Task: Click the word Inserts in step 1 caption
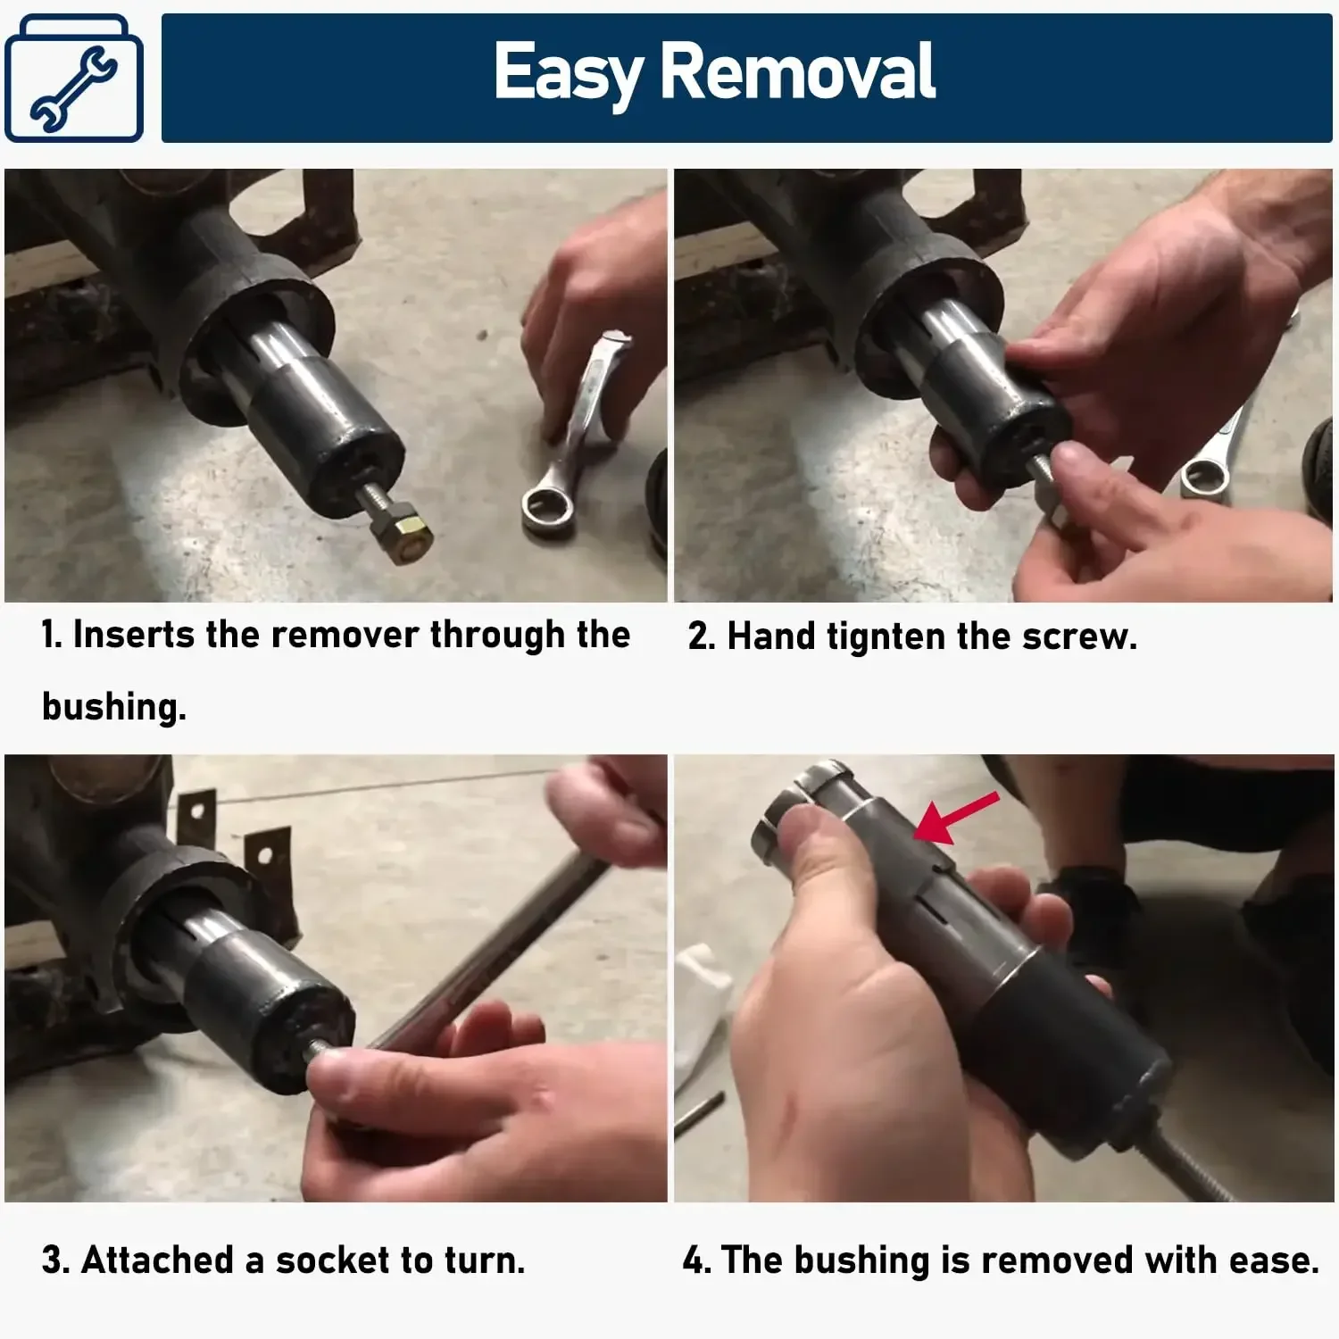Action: (134, 635)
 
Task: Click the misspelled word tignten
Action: (886, 637)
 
